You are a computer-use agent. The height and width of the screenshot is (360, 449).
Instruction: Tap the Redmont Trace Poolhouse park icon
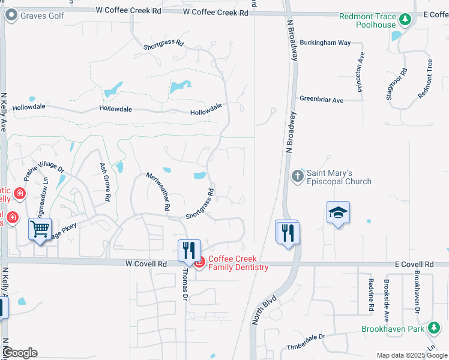coord(406,20)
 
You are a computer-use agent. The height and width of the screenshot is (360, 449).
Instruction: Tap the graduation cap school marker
coord(339,213)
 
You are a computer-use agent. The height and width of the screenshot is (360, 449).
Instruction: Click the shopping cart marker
coord(40,229)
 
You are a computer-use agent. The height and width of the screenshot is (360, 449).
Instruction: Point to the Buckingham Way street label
coord(325,43)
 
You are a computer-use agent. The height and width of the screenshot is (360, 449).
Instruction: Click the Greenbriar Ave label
coord(321,100)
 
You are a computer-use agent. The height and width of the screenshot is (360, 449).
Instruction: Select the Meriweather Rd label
coord(159,191)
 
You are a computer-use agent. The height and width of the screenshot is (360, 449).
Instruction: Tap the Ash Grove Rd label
coord(104,182)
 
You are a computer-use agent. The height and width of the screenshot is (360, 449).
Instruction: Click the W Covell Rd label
coord(146,263)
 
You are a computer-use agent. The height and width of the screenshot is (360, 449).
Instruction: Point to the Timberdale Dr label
coord(305,337)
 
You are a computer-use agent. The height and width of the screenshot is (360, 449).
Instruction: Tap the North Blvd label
coord(264,309)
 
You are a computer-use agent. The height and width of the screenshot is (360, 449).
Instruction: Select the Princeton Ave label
coord(360,70)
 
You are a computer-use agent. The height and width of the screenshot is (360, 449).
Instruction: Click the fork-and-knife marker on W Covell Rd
coord(189,249)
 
